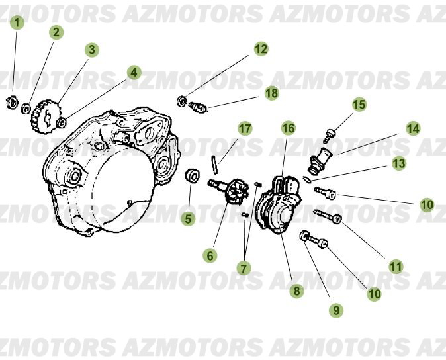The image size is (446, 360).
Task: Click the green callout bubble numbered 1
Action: click(19, 22)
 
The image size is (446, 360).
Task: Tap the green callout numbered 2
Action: click(56, 32)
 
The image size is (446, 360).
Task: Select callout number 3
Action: click(92, 50)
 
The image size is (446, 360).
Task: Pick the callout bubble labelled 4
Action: click(134, 72)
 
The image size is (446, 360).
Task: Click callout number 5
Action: click(189, 218)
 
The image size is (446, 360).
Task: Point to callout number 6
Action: click(210, 255)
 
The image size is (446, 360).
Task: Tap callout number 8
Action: click(296, 290)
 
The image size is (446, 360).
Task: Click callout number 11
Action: click(396, 267)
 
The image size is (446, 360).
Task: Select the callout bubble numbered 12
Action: click(261, 48)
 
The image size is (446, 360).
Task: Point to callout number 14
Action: click(413, 128)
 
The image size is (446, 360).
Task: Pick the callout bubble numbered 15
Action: click(359, 104)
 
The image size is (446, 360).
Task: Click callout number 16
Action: click(288, 128)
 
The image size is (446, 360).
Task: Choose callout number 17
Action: click(245, 128)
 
